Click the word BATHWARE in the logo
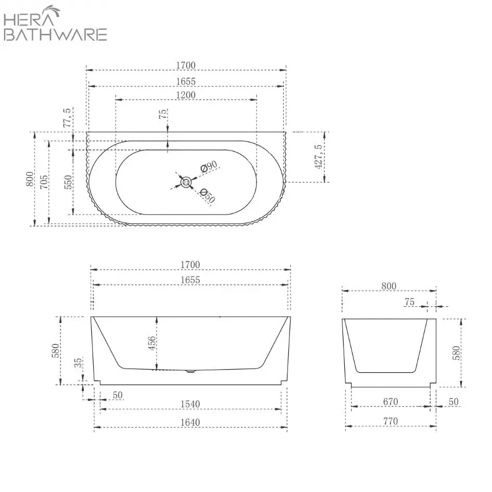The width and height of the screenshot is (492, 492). (55, 34)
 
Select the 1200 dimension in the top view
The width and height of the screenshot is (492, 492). (186, 95)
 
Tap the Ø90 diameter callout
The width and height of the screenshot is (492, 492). (209, 167)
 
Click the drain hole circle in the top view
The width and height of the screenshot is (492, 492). (186, 182)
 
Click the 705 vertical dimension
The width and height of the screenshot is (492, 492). (45, 182)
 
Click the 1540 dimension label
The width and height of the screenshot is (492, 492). (191, 404)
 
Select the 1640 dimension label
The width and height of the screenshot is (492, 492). (191, 422)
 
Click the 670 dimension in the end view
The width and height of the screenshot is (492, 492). (390, 401)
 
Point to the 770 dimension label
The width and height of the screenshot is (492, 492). (390, 421)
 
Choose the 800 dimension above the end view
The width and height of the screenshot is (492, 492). (388, 286)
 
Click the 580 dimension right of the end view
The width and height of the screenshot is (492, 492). (457, 354)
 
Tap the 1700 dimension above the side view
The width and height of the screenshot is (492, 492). (190, 264)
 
